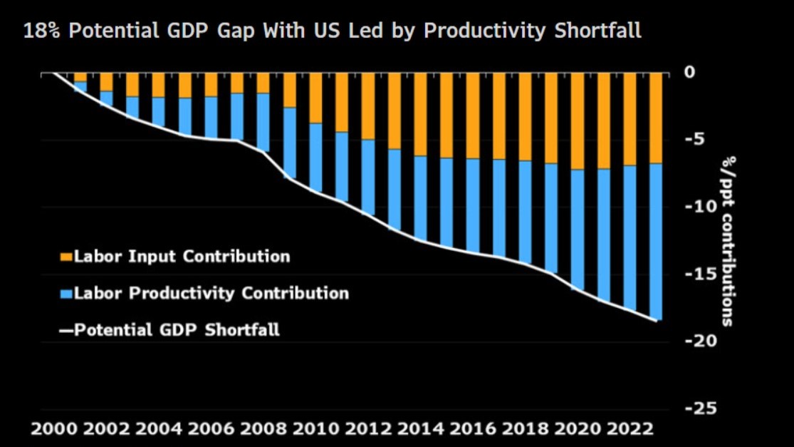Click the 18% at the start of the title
[38, 31]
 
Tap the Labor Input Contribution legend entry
[182, 257]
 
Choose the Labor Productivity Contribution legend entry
[211, 293]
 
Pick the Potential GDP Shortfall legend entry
[177, 330]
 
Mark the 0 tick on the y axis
[689, 72]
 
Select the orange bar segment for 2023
[656, 118]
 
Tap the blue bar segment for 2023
[656, 242]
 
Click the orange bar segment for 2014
[420, 114]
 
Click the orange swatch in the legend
[66, 257]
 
